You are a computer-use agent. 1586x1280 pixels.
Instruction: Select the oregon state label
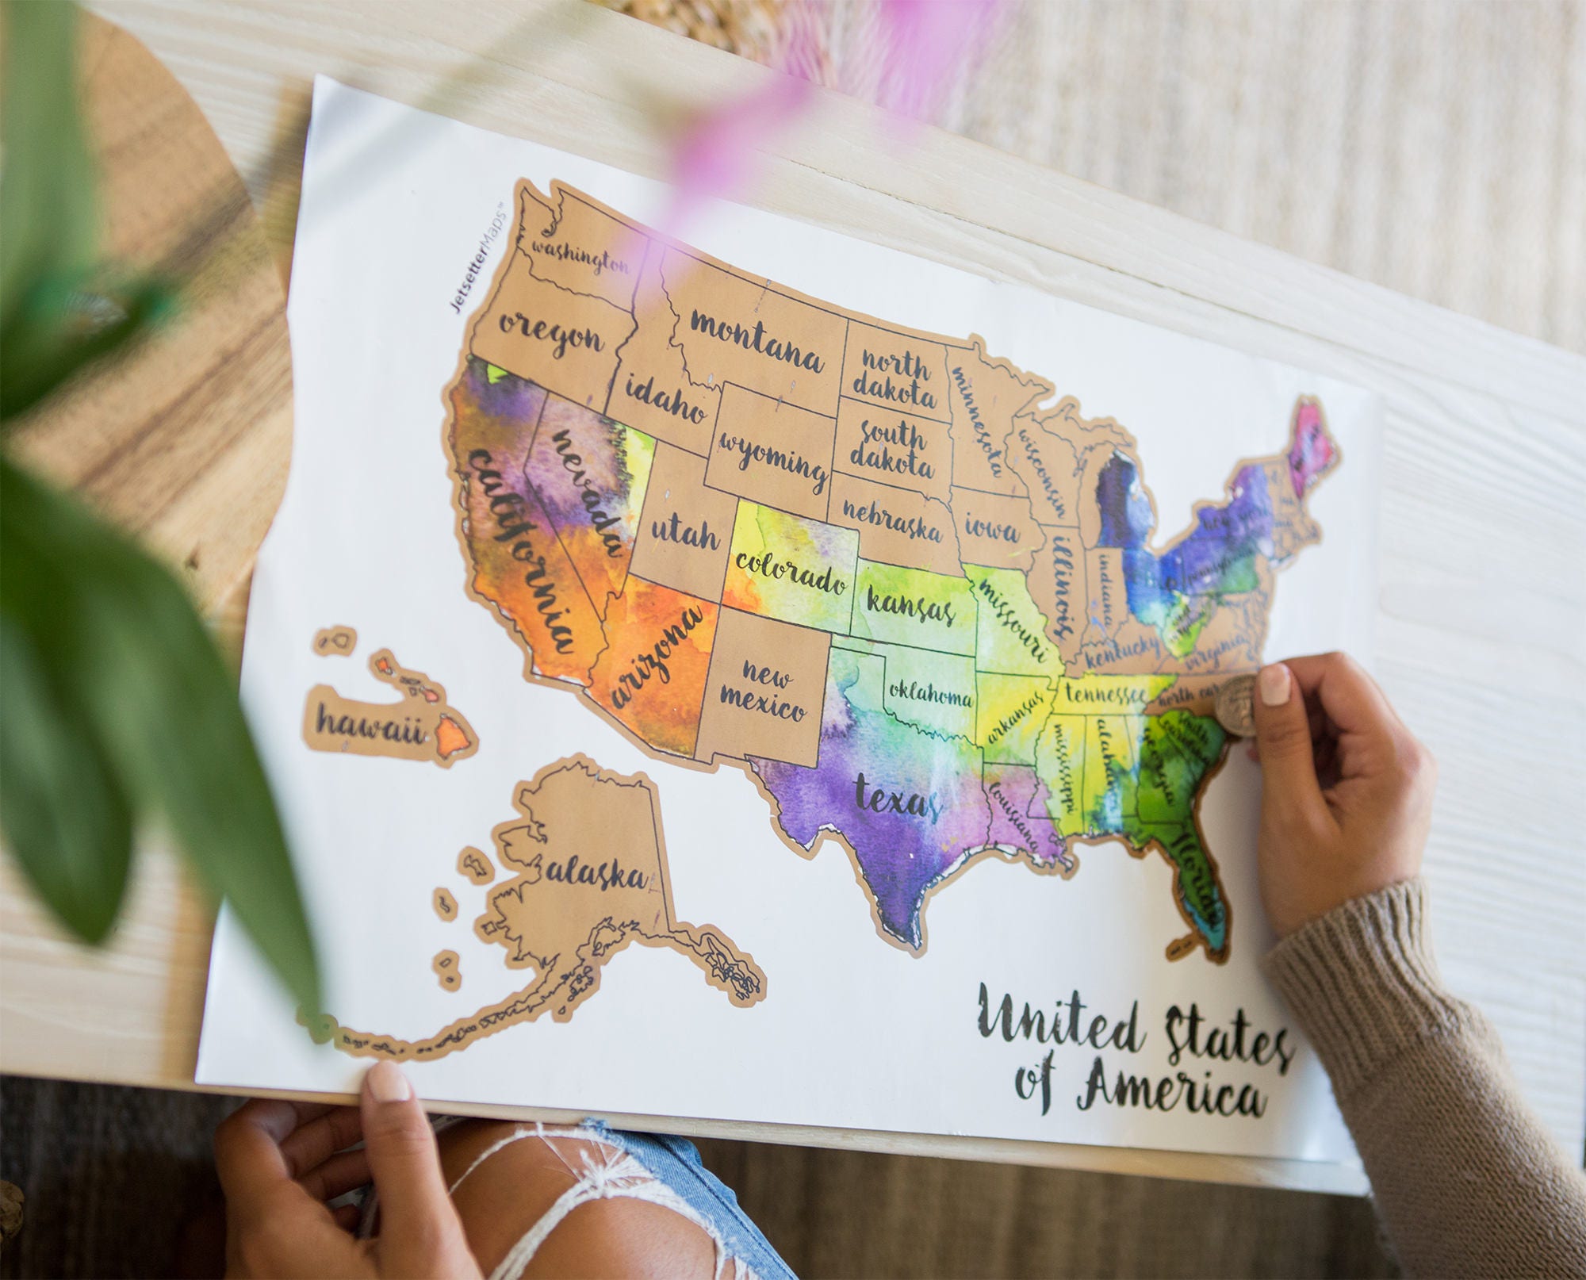[552, 336]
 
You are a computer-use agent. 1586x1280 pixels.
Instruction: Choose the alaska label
[596, 872]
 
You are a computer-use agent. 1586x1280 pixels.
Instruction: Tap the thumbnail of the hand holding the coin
[1275, 684]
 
